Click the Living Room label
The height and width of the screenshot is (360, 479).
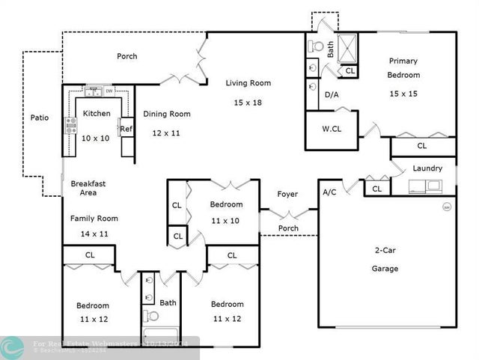[248, 83]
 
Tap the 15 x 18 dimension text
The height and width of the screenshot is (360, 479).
[248, 103]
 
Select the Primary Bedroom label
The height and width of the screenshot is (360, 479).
[403, 68]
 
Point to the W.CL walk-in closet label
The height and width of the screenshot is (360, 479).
[332, 129]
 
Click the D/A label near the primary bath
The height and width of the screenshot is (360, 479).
[331, 95]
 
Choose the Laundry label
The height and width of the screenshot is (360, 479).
[427, 168]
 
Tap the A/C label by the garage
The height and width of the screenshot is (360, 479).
[329, 192]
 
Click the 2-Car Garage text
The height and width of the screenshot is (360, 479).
[386, 259]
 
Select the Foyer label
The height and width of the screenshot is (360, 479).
[287, 194]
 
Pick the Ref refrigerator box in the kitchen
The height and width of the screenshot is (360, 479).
[126, 129]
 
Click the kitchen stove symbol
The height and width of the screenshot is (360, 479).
[72, 125]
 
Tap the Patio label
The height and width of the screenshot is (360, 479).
[39, 118]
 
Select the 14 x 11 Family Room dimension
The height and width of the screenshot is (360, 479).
[95, 234]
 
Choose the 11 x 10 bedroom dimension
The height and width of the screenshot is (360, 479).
[225, 221]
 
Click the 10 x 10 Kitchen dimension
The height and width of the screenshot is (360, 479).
[95, 138]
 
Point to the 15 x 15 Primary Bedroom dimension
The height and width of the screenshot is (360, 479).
[403, 94]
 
